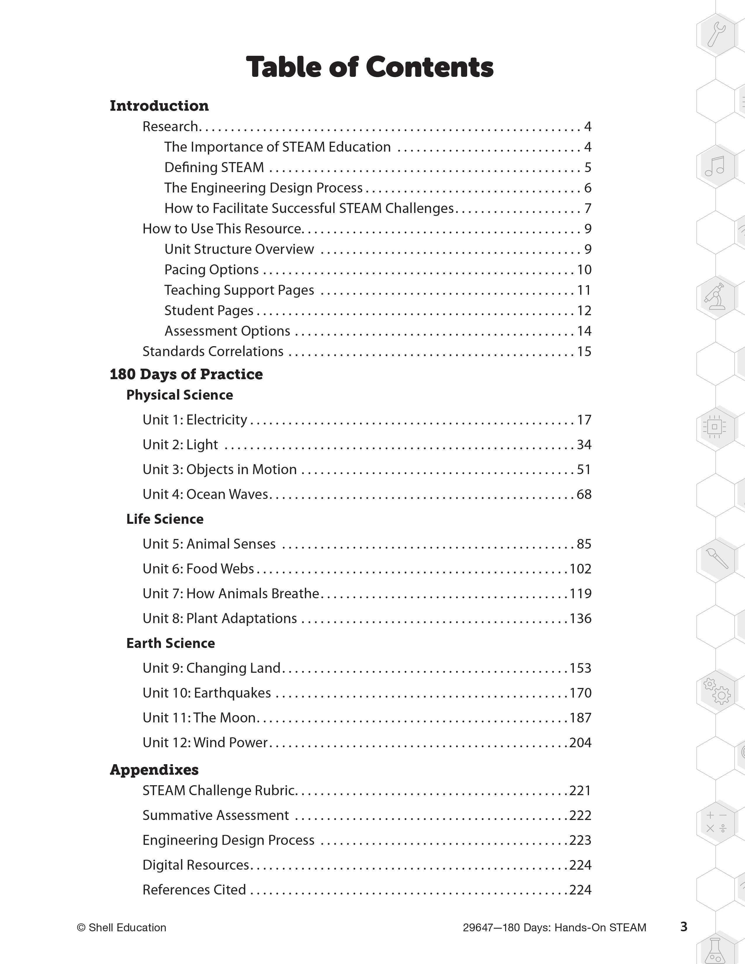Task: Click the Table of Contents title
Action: [370, 67]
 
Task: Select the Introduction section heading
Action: [159, 106]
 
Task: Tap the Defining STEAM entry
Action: [214, 167]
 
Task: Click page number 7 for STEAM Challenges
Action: [588, 208]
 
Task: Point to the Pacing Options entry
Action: [212, 270]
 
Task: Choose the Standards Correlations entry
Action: [213, 351]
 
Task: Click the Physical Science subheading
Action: [180, 395]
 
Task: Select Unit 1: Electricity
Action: [195, 420]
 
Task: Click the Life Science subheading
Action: [164, 519]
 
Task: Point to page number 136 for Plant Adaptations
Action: [581, 618]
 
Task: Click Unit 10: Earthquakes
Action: [207, 693]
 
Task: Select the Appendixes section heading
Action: [154, 770]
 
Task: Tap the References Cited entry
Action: [194, 890]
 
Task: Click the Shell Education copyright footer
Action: [121, 927]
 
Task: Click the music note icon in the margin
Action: [715, 166]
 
